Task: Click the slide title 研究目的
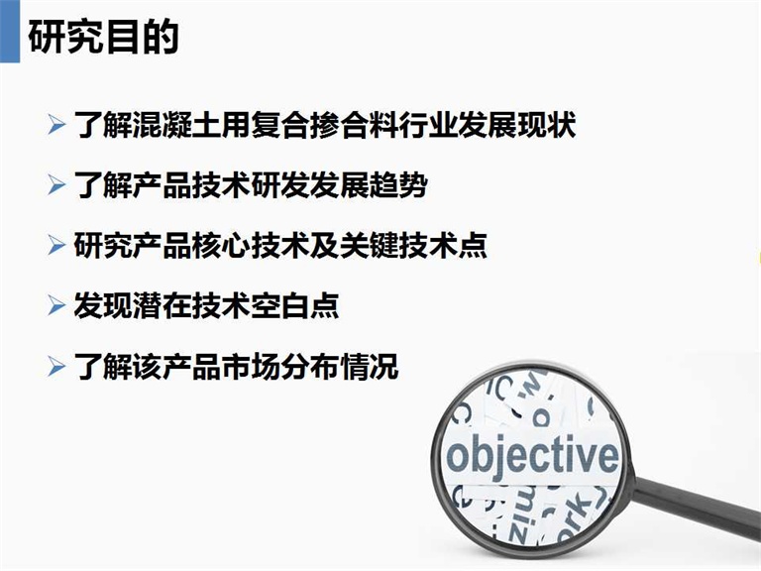pos(103,37)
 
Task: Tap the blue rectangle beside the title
pos(10,31)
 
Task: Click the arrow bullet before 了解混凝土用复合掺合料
pos(56,124)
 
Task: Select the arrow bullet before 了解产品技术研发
pos(56,185)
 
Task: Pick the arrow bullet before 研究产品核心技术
pos(56,245)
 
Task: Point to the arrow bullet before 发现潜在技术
pos(56,306)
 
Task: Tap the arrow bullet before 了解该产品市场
pos(56,366)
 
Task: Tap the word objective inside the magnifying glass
pos(532,455)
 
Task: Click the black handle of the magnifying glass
pos(698,505)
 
